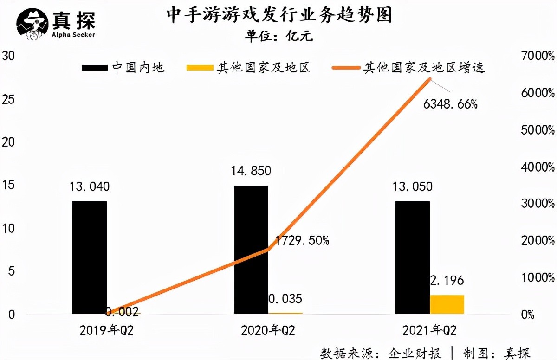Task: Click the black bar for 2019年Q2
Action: pos(90,257)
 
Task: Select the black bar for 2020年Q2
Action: pos(251,250)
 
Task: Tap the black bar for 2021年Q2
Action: pos(412,257)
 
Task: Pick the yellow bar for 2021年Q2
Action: pos(447,304)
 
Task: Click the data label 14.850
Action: pos(251,171)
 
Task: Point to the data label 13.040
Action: pos(90,187)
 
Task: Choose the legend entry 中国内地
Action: pos(123,68)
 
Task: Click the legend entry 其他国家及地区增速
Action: pos(408,68)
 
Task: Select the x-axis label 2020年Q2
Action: pos(268,331)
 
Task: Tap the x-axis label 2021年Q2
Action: pos(429,331)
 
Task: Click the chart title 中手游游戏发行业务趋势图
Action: pos(279,15)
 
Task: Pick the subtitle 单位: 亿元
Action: pos(279,36)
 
